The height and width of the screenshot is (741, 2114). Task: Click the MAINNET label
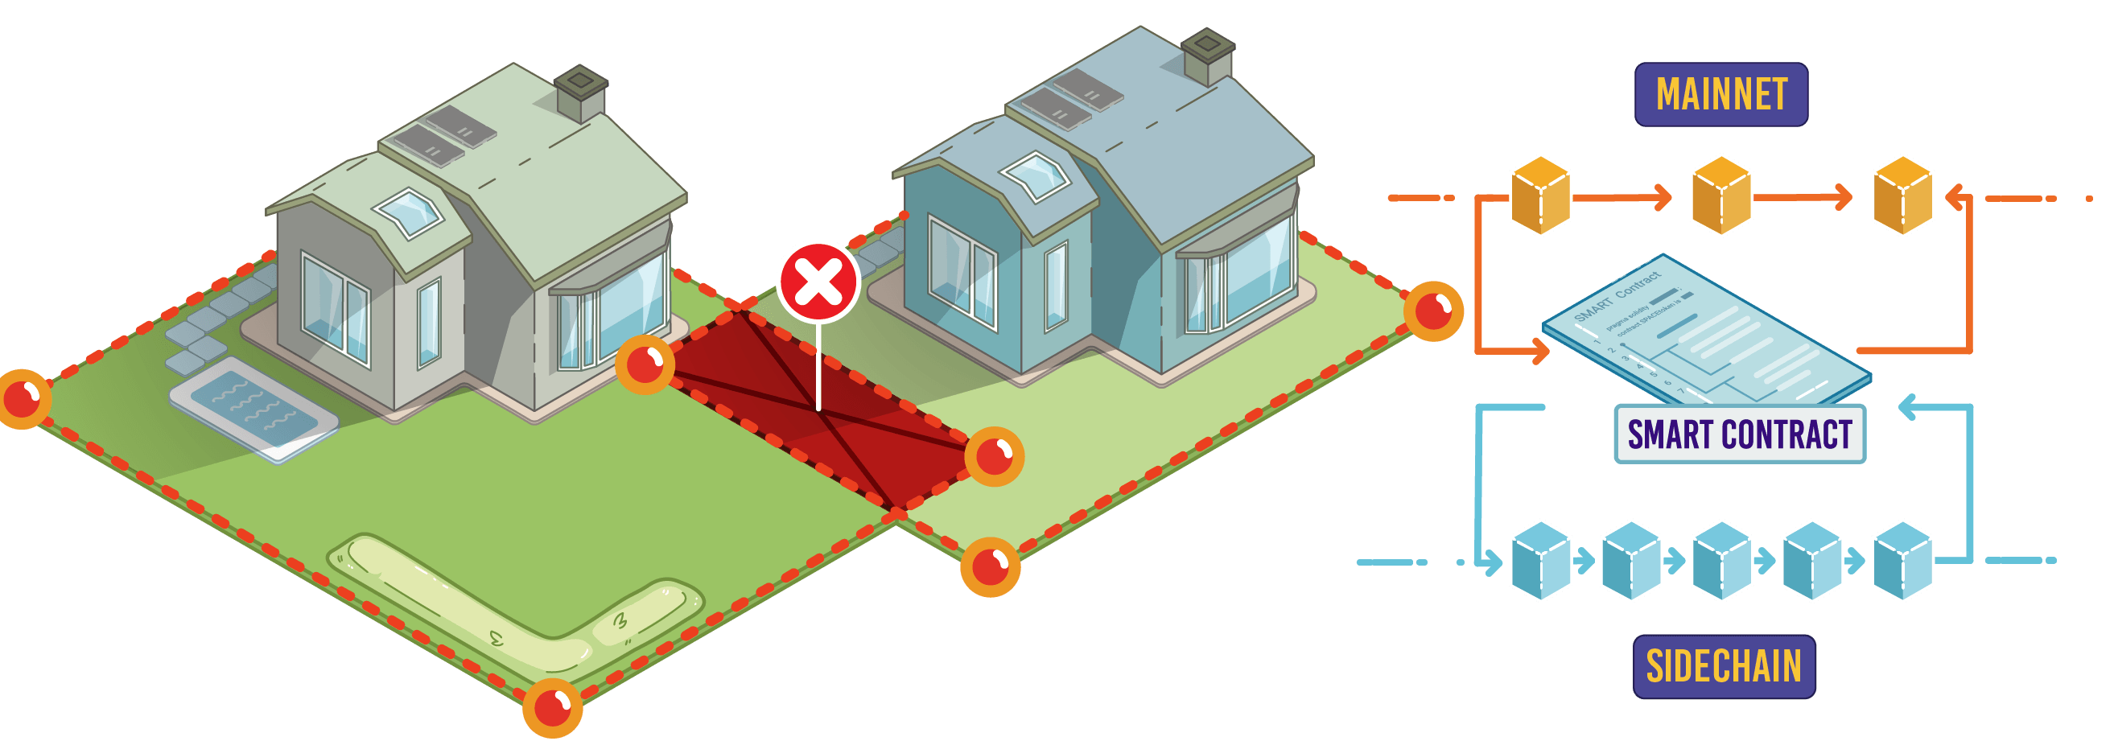1721,94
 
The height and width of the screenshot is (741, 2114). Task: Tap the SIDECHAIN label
1724,665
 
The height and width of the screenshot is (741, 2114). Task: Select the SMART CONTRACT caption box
1740,434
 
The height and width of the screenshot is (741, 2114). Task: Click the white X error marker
818,282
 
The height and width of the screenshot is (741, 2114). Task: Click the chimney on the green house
581,92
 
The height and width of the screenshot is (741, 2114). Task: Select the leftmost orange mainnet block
1540,196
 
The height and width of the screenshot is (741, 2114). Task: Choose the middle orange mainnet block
1721,196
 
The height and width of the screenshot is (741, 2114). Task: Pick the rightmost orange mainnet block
1902,196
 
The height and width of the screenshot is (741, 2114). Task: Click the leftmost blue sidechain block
1540,562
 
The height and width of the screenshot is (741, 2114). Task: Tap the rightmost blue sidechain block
1902,562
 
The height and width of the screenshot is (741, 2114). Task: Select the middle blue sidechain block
1721,562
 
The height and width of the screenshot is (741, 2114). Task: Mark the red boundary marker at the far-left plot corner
23,399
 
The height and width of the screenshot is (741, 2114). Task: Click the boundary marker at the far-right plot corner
1433,311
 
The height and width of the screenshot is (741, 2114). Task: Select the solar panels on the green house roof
445,135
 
